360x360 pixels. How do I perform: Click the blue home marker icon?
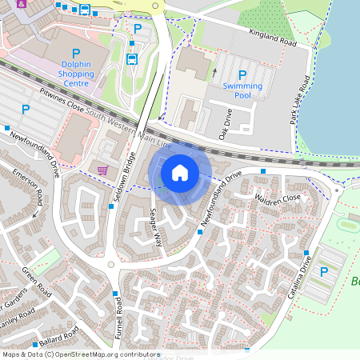180,172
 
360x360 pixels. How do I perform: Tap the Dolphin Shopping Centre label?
77,70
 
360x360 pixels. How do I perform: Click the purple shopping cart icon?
102,170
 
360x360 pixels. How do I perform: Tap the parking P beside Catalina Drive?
324,272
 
